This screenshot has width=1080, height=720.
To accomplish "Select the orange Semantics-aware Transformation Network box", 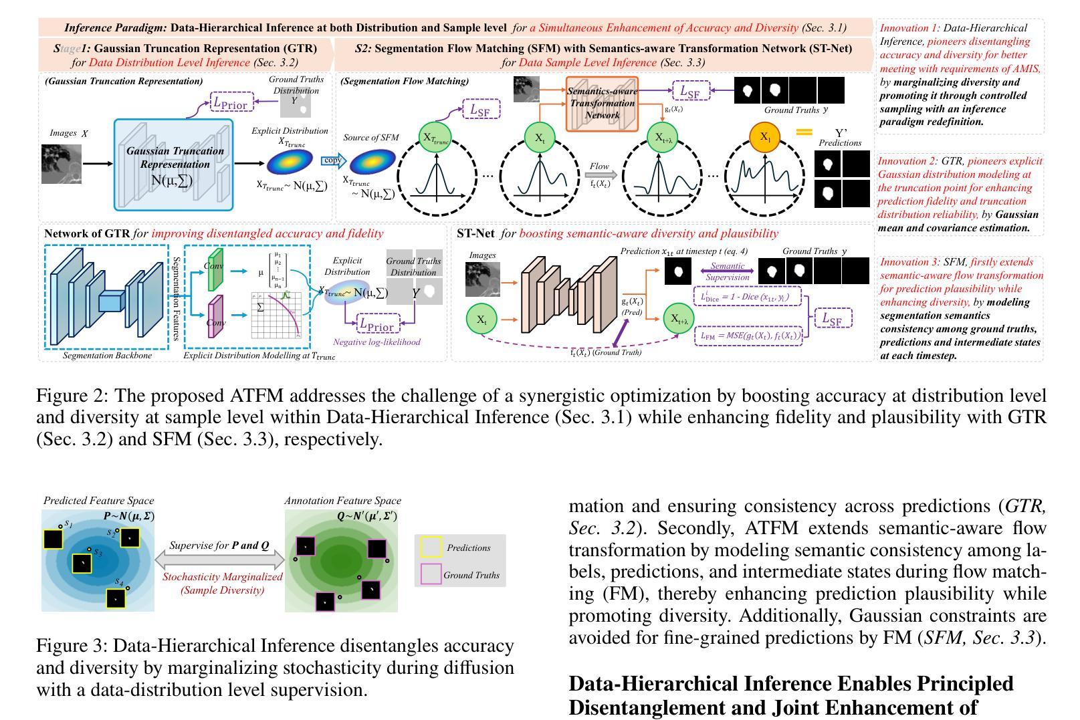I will (x=602, y=104).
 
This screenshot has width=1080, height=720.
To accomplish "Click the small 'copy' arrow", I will (x=332, y=160).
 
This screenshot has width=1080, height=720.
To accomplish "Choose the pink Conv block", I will (x=215, y=318).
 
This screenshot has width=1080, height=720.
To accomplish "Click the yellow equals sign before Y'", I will (x=804, y=132).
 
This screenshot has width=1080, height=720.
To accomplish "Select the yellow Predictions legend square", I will (x=431, y=548).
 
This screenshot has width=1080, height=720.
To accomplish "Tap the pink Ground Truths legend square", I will (x=431, y=574).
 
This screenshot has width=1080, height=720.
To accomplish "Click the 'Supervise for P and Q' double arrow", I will (x=219, y=560).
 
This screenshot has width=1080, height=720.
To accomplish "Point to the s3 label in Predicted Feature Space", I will (x=98, y=553).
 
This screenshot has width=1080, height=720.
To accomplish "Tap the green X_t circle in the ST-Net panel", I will (x=481, y=320).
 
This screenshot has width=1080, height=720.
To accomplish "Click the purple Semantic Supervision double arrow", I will (x=728, y=271).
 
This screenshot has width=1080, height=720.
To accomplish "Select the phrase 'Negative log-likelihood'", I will (x=376, y=342).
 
